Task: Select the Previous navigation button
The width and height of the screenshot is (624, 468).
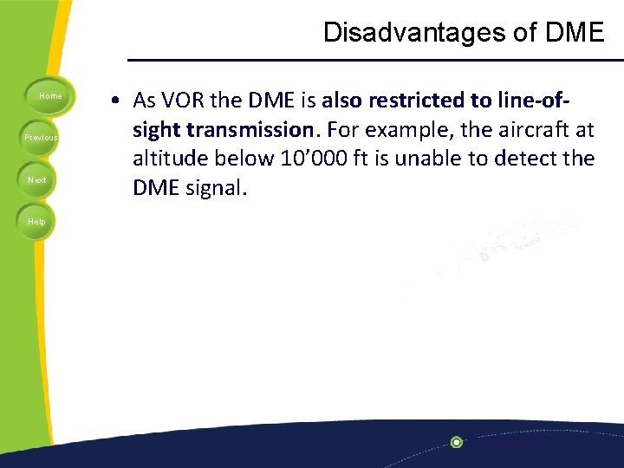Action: point(40,138)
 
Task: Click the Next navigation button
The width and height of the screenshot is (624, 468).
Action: point(37,179)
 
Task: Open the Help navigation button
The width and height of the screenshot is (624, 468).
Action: point(36,222)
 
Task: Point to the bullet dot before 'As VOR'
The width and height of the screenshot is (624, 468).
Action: point(114,101)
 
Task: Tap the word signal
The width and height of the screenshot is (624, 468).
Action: point(217,188)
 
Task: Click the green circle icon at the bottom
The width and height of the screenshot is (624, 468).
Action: point(457,442)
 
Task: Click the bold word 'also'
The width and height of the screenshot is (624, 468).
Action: point(343,101)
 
